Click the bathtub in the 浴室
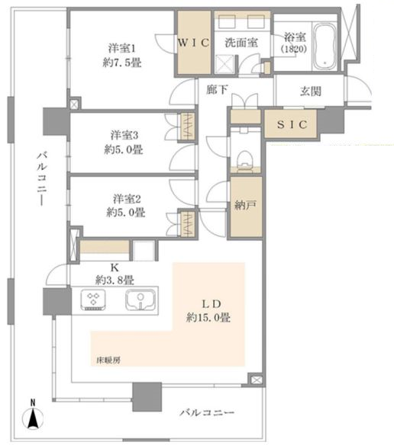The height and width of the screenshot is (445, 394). tap(325, 46)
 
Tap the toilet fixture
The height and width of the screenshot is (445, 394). tap(244, 160)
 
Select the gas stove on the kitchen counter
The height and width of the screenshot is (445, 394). tap(93, 300)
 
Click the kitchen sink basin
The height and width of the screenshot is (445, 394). tap(140, 300)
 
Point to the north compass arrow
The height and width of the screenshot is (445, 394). tap(33, 417)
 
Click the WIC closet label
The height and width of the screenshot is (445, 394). tap(193, 43)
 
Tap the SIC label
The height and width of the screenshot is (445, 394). tap(292, 124)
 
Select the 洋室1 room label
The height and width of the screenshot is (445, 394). tap(121, 48)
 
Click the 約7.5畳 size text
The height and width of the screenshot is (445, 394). tap(121, 62)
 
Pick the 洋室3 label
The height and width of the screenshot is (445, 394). tap(124, 135)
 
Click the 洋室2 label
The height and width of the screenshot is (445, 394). tap(127, 199)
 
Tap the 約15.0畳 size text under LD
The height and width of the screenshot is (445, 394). tap(208, 317)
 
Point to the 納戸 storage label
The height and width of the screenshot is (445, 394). tap(246, 205)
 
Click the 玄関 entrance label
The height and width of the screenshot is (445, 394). tap(311, 91)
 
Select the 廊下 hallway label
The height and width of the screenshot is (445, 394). tap(217, 90)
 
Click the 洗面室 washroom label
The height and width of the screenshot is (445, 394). tap(241, 43)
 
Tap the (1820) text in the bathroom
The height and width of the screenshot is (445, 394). tap(294, 49)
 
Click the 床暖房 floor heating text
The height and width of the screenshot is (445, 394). tap(108, 360)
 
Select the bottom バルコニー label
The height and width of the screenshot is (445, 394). tap(207, 412)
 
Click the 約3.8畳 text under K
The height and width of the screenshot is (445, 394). tap(115, 280)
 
